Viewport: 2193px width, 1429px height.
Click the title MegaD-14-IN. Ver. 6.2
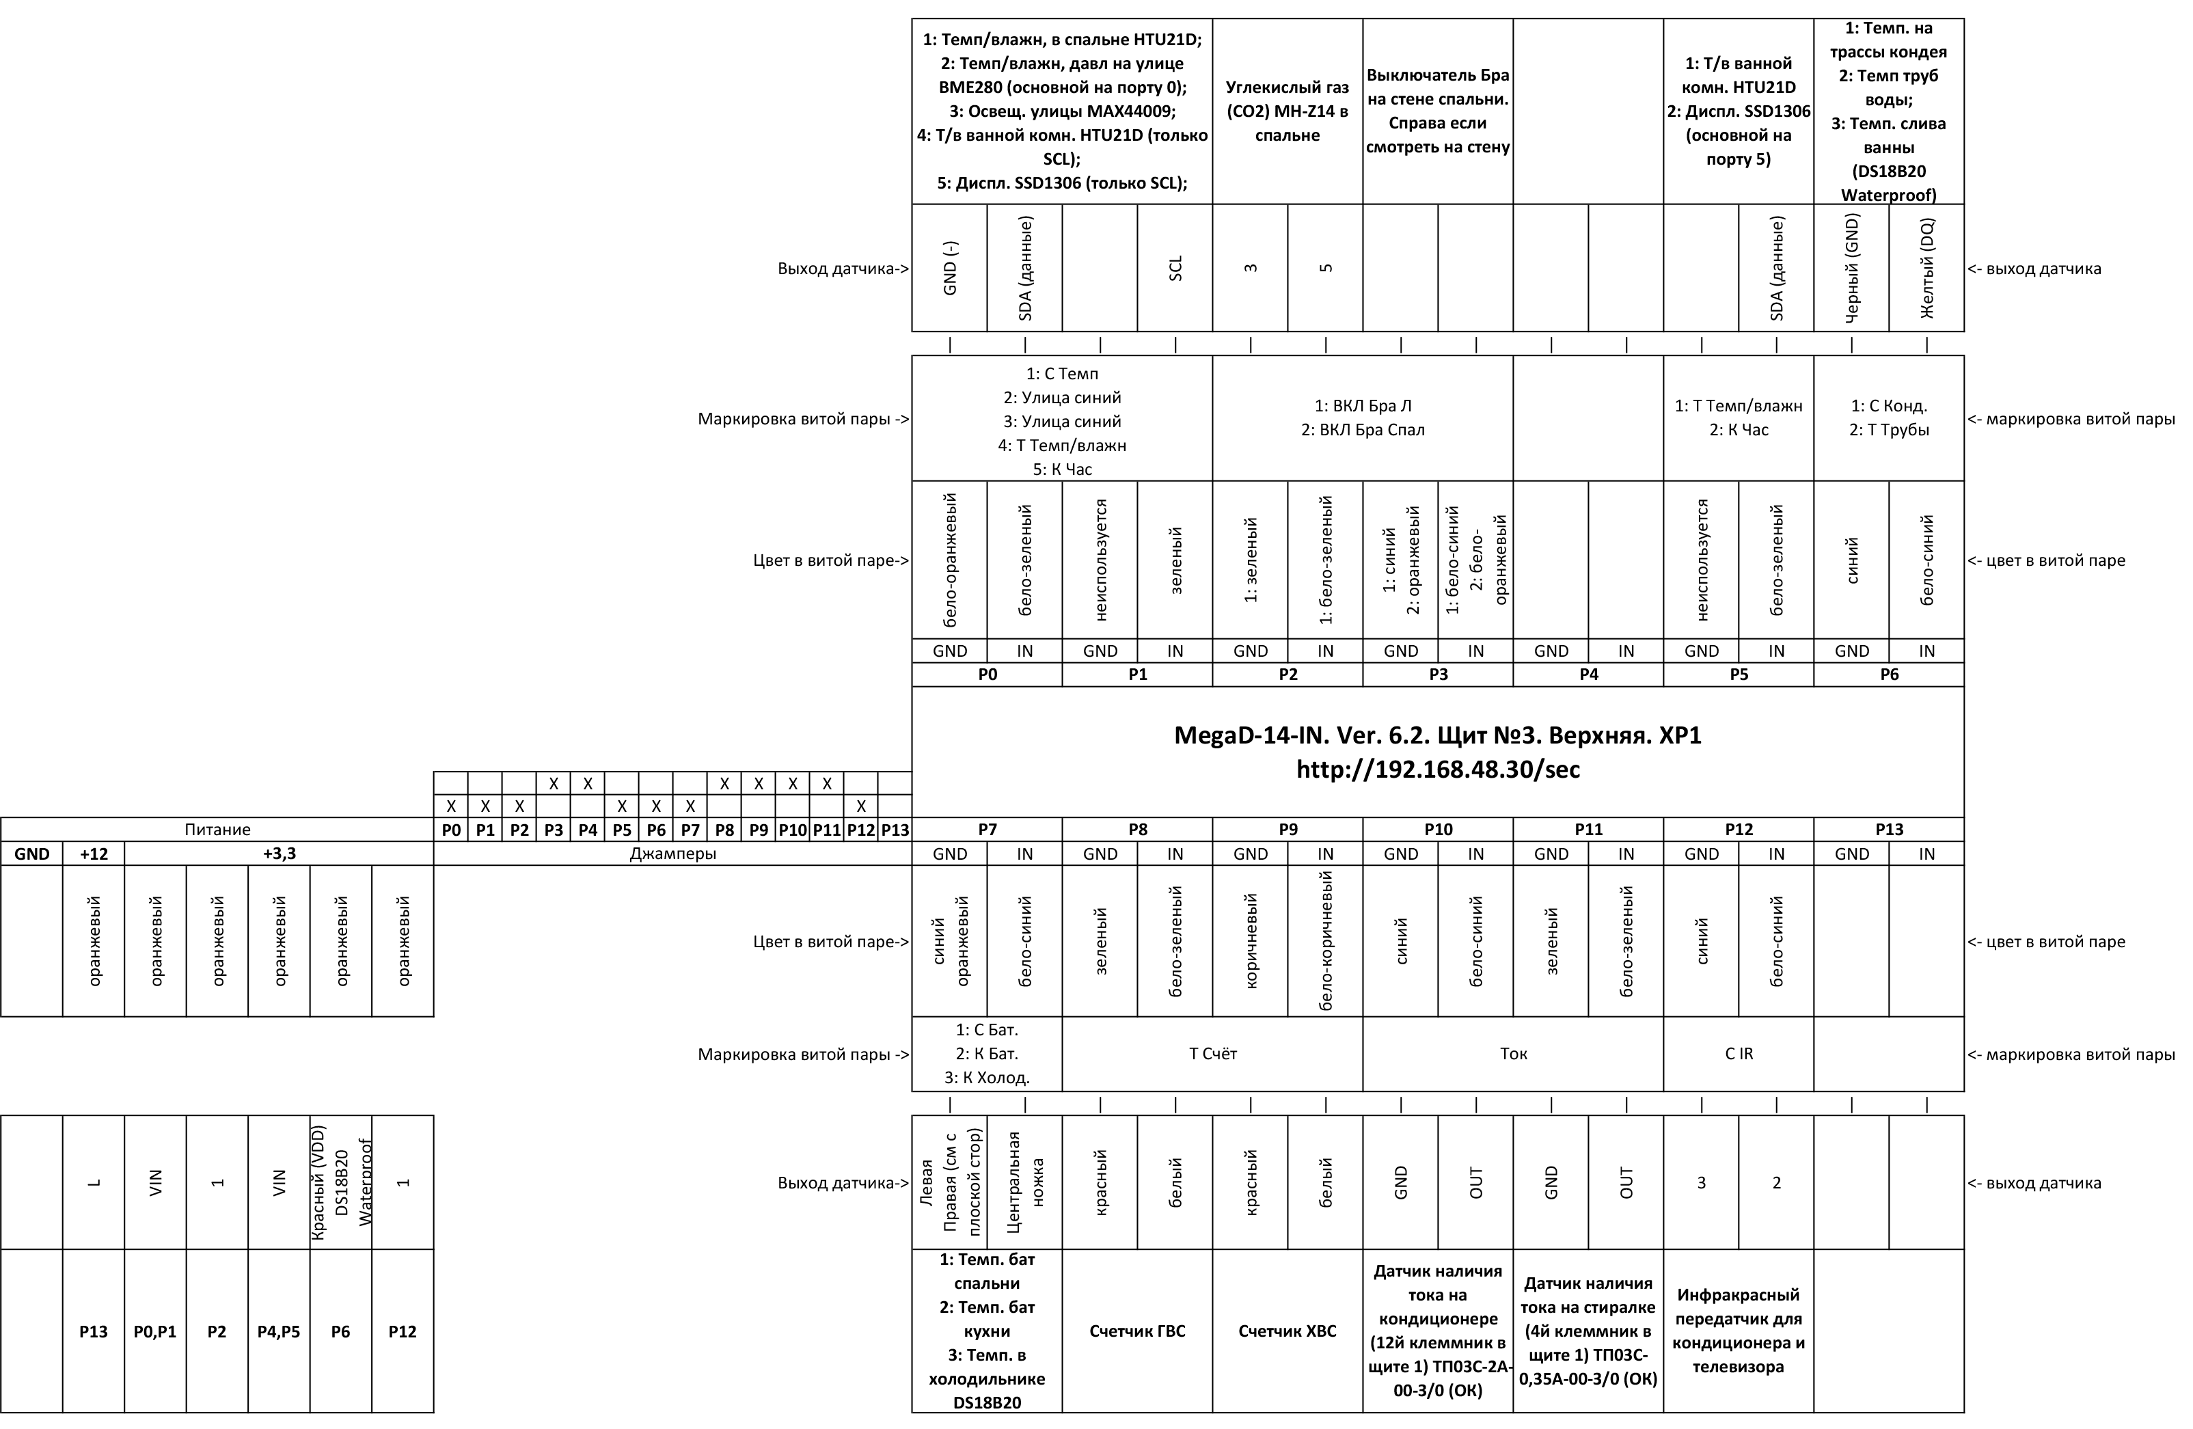tap(1436, 736)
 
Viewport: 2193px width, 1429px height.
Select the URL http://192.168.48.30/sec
tap(1436, 770)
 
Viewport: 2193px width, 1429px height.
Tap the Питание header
tap(217, 829)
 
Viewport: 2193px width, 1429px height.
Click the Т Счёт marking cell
tap(1212, 1054)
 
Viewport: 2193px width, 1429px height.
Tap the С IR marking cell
tap(1739, 1054)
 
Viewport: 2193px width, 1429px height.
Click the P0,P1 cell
tap(155, 1331)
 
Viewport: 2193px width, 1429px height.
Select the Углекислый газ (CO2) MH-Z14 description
tap(1288, 111)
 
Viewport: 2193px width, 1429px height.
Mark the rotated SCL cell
tap(1175, 268)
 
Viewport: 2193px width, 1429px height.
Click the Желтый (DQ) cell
tap(1926, 268)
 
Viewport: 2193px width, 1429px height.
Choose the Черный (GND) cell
tap(1852, 268)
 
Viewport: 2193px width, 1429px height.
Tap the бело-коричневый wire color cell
tap(1326, 940)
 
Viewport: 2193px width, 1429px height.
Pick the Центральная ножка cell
tap(1024, 1182)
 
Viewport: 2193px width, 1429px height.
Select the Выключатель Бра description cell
tap(1437, 111)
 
